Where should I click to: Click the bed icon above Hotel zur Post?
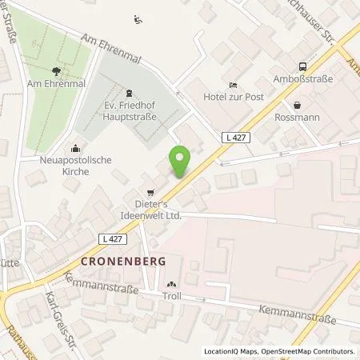click(x=232, y=85)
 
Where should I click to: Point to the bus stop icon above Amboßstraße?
click(x=302, y=67)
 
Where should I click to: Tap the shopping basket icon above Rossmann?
click(x=297, y=105)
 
